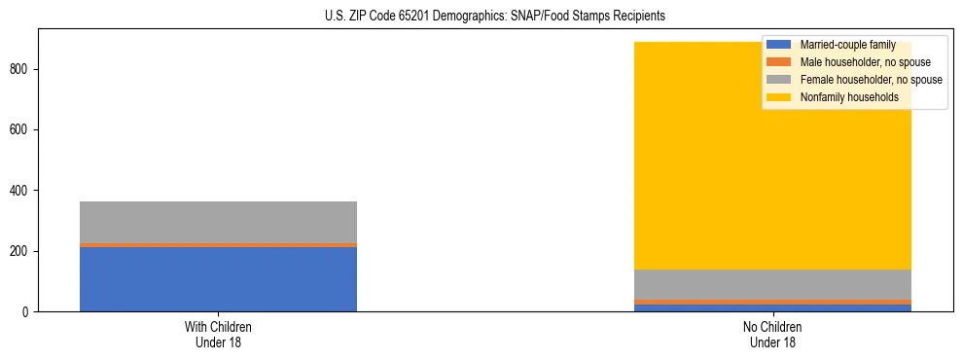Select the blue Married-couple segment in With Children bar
click(218, 279)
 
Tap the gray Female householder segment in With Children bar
click(218, 222)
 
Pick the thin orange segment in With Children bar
click(218, 245)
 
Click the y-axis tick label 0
click(29, 312)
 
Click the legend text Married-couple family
click(847, 45)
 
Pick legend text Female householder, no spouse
click(871, 80)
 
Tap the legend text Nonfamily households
click(842, 97)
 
